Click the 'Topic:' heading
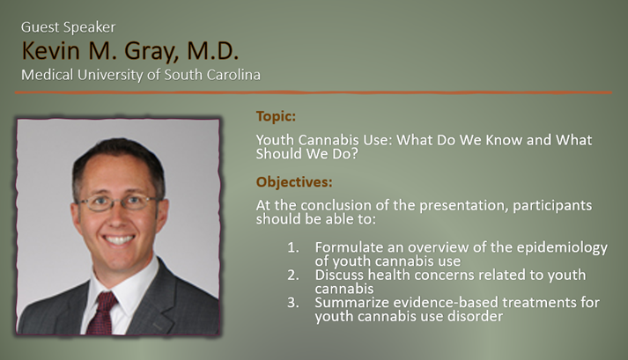point(277,116)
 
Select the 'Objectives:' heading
point(294,183)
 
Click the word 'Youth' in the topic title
point(274,140)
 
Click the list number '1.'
point(293,246)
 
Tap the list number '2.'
point(293,274)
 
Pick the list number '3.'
point(293,303)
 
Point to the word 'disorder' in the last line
point(475,317)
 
